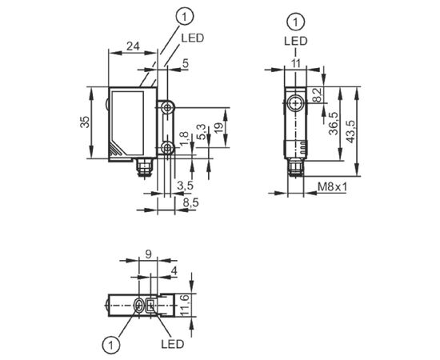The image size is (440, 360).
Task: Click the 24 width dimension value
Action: pyautogui.click(x=133, y=46)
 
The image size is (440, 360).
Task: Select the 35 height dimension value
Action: pyautogui.click(x=86, y=122)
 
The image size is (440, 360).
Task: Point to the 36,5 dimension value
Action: pyautogui.click(x=334, y=124)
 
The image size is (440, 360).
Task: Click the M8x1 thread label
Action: pyautogui.click(x=332, y=187)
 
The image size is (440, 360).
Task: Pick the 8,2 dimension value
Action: pyautogui.click(x=318, y=95)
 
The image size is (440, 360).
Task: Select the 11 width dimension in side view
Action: pyautogui.click(x=295, y=63)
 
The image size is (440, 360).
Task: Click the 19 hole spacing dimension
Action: pyautogui.click(x=220, y=128)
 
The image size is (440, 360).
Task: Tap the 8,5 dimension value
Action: pyautogui.click(x=191, y=202)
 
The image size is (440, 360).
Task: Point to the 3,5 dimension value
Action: pyautogui.click(x=186, y=186)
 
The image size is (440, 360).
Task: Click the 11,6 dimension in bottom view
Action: pyautogui.click(x=186, y=306)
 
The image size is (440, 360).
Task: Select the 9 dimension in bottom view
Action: pyautogui.click(x=149, y=254)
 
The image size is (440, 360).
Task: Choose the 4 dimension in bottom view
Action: pyautogui.click(x=174, y=271)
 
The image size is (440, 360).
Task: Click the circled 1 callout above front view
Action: pyautogui.click(x=184, y=17)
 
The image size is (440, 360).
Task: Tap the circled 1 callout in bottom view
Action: pyautogui.click(x=111, y=344)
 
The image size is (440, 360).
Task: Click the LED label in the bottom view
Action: pyautogui.click(x=173, y=344)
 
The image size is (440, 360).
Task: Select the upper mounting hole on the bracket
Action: pyautogui.click(x=168, y=108)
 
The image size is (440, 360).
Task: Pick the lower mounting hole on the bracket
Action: pyautogui.click(x=168, y=147)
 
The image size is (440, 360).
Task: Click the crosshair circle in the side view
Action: pyautogui.click(x=296, y=103)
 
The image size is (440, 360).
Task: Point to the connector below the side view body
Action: pyautogui.click(x=295, y=168)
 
